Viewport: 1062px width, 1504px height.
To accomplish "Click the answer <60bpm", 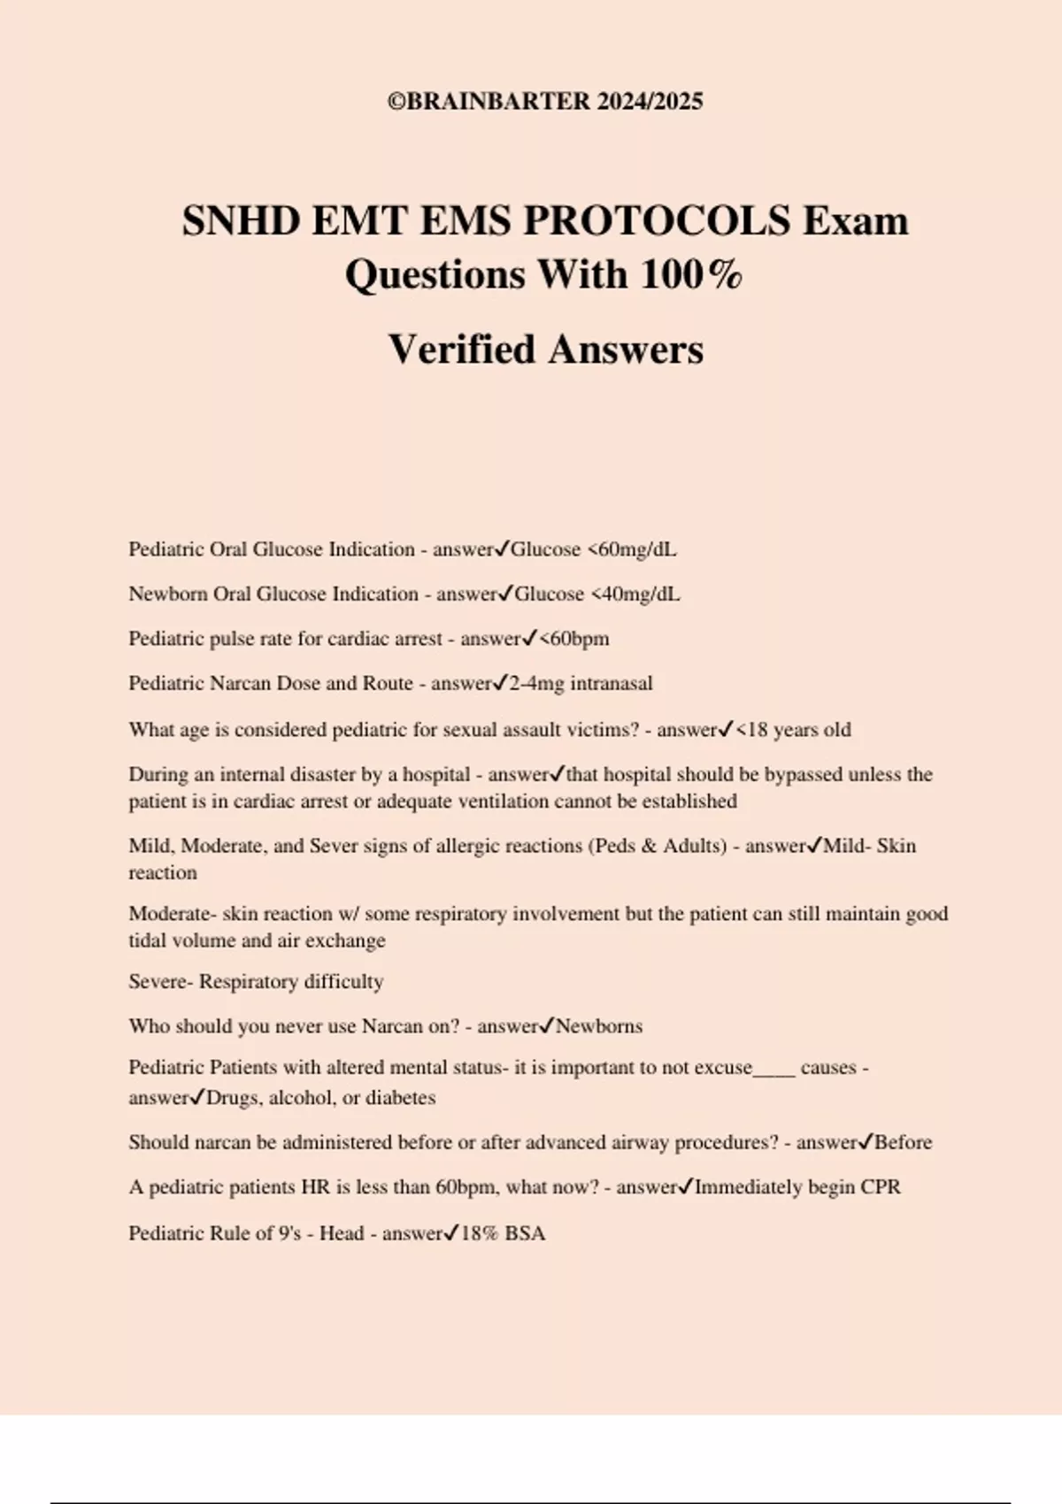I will (x=574, y=639).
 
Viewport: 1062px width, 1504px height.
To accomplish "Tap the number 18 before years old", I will (x=758, y=730).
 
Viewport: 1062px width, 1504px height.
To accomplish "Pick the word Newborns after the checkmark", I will (x=599, y=1026).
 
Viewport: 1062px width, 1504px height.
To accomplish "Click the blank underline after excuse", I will (x=773, y=1069).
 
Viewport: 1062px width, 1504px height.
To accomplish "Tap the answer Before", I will (x=904, y=1142).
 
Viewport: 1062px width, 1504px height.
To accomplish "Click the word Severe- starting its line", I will (x=160, y=982).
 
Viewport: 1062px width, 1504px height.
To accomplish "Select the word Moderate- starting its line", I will (x=173, y=914).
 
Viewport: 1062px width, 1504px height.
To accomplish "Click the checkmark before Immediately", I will (x=686, y=1186).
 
